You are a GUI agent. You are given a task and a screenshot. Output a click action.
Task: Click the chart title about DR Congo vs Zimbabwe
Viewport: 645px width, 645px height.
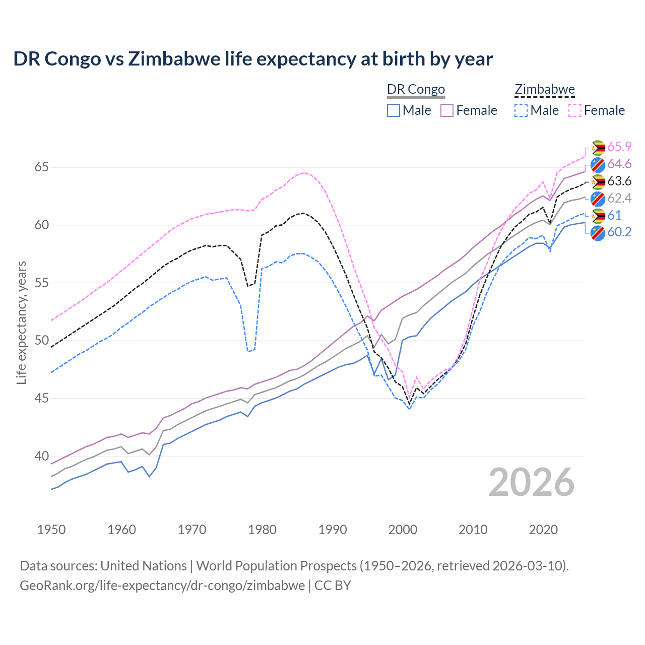[x=253, y=59]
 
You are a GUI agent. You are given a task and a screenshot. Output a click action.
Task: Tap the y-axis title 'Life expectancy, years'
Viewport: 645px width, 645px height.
[x=21, y=322]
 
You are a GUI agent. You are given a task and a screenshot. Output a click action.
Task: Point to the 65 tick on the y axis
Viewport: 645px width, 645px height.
[x=41, y=167]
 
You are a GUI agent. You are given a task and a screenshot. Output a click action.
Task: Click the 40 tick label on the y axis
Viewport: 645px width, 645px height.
[x=41, y=456]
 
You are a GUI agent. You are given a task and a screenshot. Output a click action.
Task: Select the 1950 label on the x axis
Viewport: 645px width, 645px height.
[x=51, y=530]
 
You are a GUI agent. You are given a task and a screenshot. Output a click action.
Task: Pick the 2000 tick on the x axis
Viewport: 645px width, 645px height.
[x=403, y=530]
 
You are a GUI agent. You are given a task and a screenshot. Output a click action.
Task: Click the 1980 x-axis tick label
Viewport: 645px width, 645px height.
[x=262, y=530]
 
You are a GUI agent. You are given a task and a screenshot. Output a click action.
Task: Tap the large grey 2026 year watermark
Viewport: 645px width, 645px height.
[x=532, y=482]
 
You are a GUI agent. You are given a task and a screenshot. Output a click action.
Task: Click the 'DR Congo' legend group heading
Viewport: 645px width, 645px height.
[x=416, y=90]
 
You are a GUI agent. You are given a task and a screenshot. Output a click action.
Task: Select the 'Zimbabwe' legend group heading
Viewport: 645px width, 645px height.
[x=545, y=90]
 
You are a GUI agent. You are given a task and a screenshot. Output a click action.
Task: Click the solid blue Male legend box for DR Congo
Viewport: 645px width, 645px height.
[x=394, y=110]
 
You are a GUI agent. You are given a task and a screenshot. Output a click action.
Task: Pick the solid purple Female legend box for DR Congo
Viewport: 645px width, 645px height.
[x=447, y=110]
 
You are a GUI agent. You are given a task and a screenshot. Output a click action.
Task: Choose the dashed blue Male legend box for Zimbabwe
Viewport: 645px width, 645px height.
[x=521, y=110]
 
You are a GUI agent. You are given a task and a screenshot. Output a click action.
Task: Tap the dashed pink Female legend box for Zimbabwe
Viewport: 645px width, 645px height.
[x=575, y=110]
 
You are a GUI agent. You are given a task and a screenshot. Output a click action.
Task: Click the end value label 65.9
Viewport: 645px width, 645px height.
[x=619, y=147]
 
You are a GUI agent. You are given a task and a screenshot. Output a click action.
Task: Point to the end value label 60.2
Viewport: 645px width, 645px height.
[x=619, y=232]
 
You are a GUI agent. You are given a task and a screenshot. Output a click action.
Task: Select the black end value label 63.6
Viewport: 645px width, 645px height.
[x=619, y=181]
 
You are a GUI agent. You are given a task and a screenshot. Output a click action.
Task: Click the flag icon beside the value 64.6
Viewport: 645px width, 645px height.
[x=598, y=164]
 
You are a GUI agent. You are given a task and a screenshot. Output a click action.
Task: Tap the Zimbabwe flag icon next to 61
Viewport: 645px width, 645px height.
[x=598, y=216]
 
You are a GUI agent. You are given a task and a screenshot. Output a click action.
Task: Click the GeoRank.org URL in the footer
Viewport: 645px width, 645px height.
[x=162, y=586]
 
